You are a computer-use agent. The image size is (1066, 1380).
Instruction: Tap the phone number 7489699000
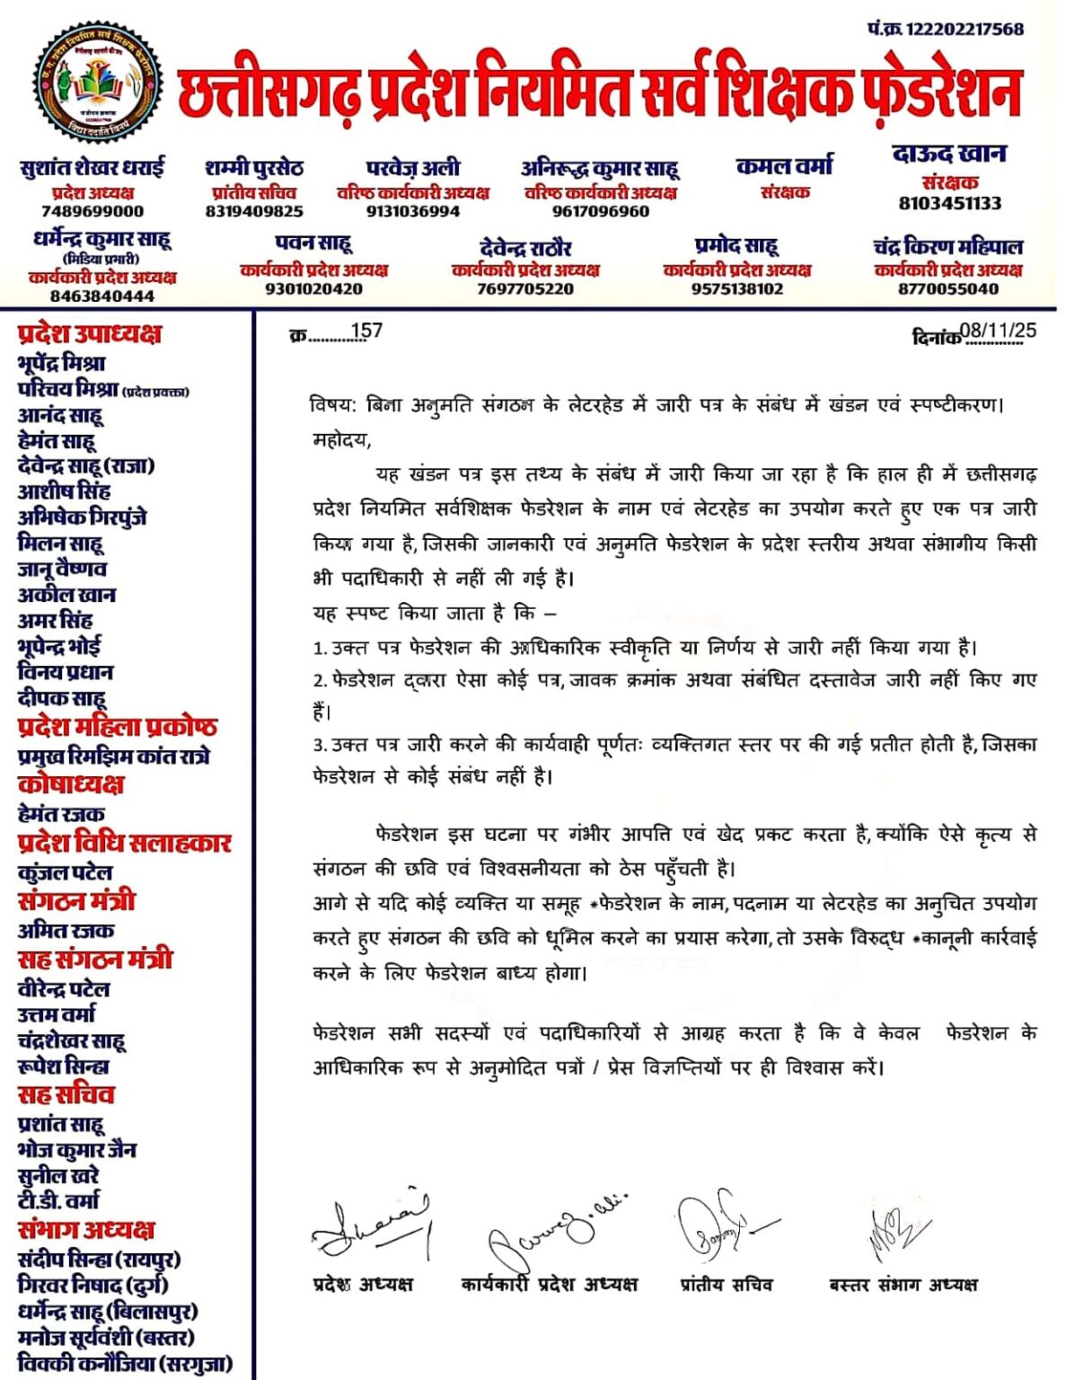[93, 211]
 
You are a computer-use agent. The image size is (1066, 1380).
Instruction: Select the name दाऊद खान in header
[949, 155]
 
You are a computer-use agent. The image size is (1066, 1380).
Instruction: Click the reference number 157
[366, 332]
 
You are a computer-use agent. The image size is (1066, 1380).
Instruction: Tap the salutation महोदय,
[341, 440]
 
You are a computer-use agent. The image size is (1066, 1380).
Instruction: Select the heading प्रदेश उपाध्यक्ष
[90, 333]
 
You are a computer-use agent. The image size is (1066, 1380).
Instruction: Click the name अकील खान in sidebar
[66, 595]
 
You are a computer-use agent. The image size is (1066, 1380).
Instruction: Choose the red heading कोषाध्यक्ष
[71, 784]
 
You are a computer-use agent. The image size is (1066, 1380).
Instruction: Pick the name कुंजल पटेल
[66, 872]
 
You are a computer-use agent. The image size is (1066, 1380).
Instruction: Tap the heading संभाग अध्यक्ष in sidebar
[86, 1229]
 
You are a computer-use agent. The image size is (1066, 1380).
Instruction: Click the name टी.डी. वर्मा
[59, 1200]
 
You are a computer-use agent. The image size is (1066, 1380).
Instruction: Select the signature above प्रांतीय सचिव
[723, 1225]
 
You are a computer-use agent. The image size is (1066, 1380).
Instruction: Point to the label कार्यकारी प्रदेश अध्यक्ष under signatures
[549, 1284]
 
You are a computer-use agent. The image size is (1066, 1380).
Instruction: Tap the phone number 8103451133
[949, 203]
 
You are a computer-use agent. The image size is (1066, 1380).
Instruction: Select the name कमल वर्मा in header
[784, 166]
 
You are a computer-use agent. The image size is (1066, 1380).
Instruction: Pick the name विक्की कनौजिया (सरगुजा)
[125, 1363]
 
